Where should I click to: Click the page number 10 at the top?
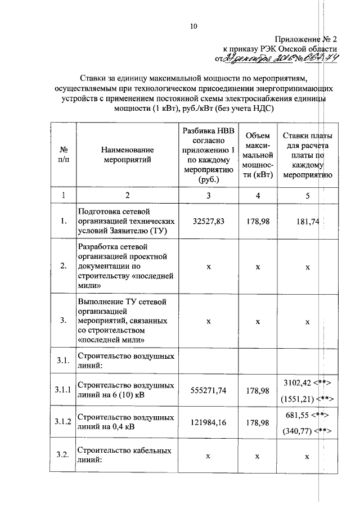pos(194,26)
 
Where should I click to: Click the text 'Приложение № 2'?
pos(305,39)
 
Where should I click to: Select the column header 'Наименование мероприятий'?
pos(127,155)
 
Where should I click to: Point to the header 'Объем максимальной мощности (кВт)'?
pos(258,155)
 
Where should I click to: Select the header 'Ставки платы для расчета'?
pos(307,155)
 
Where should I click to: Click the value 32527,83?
pos(208,222)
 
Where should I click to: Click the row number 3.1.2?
pos(64,422)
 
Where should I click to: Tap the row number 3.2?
pos(64,456)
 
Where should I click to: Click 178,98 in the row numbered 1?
pos(258,222)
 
